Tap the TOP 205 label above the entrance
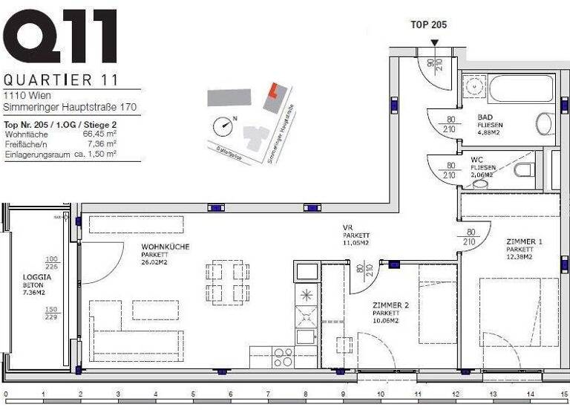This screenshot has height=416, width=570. click(430, 24)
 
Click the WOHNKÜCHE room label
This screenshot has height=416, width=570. click(165, 246)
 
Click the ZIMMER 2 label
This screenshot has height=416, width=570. click(390, 305)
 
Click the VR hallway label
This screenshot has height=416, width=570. click(347, 227)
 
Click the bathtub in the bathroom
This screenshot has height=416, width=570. click(507, 89)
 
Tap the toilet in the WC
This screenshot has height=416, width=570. click(525, 171)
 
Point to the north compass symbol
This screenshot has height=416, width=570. click(221, 125)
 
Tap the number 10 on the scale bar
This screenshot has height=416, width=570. click(380, 394)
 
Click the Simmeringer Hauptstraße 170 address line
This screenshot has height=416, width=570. click(59, 108)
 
